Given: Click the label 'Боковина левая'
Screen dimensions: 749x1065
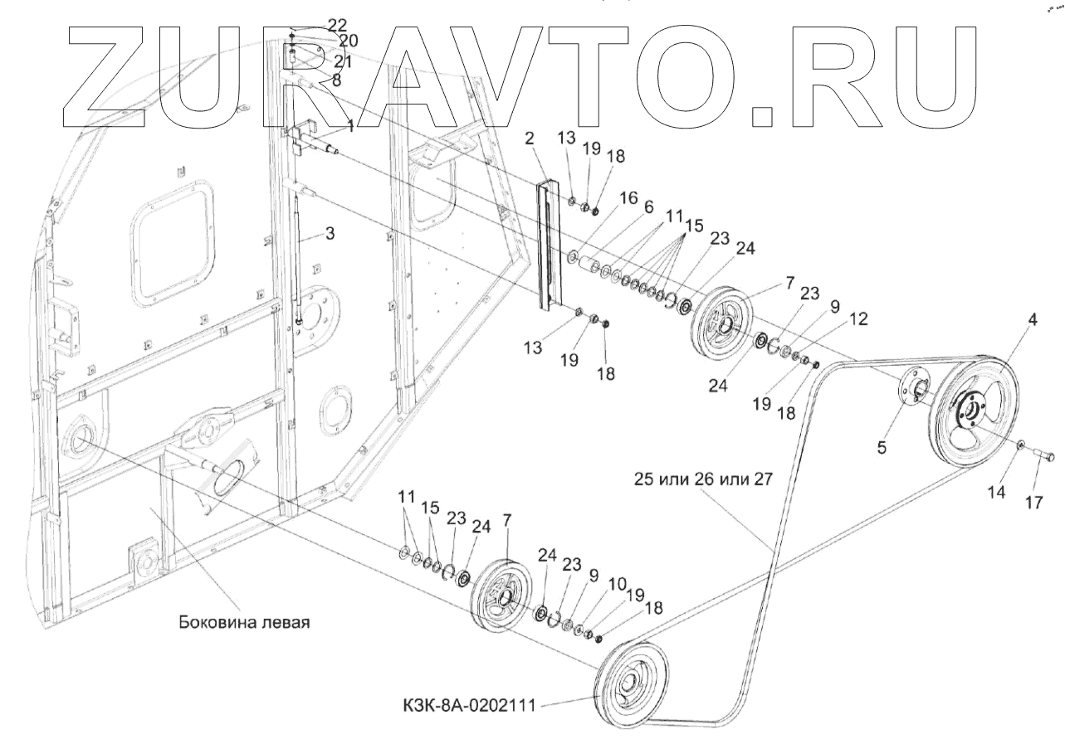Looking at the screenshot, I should coord(243,621).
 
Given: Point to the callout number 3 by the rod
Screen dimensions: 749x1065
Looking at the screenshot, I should coord(330,235).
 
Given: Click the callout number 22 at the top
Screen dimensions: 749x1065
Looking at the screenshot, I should coord(315,25).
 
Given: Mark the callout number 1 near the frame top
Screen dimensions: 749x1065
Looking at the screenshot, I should coord(350,127).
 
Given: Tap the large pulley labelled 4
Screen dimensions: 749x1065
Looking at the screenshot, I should coord(977,413).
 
